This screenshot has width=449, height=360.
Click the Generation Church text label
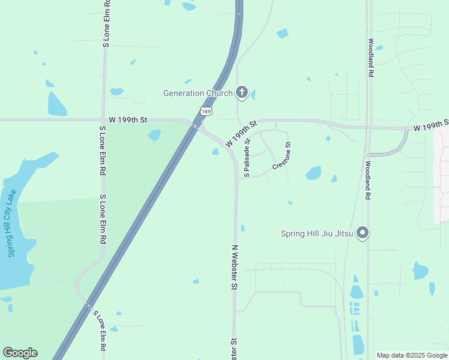pos(198,93)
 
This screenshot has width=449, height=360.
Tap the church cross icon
pos(242,92)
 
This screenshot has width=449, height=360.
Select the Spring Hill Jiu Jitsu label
pos(316,233)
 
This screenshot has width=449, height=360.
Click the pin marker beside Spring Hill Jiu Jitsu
pos(362,233)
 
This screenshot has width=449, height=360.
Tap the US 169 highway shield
pos(206,112)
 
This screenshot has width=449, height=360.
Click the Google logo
pos(20,353)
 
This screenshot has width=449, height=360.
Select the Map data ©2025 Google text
pos(411,355)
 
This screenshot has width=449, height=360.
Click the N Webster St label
pos(235,268)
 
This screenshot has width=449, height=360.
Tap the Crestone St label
pos(282,155)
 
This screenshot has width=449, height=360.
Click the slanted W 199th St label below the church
pos(241,134)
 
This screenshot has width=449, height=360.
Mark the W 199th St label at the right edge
pos(431,125)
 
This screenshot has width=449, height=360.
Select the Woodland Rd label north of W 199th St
pos(372,58)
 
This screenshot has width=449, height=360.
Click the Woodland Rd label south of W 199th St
pos(369,180)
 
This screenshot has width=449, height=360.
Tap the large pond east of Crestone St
pos(313,173)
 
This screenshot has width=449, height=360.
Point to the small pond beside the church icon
pos(253,95)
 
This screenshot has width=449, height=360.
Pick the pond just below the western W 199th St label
pos(154,135)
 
